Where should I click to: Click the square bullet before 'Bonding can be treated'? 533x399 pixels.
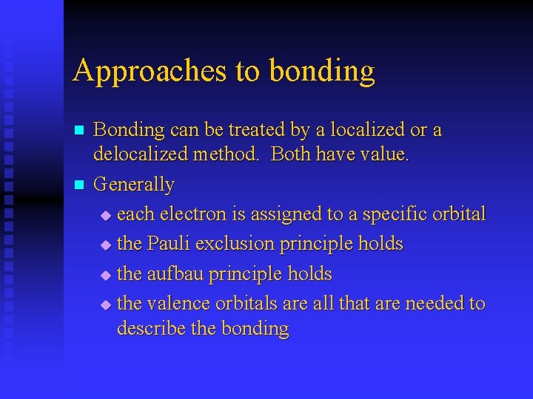pos(79,131)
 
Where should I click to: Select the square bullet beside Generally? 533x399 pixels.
pos(79,185)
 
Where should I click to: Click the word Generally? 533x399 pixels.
pos(134,185)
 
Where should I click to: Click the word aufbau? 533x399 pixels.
pos(175,274)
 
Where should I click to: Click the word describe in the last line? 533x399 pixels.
pos(152,329)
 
